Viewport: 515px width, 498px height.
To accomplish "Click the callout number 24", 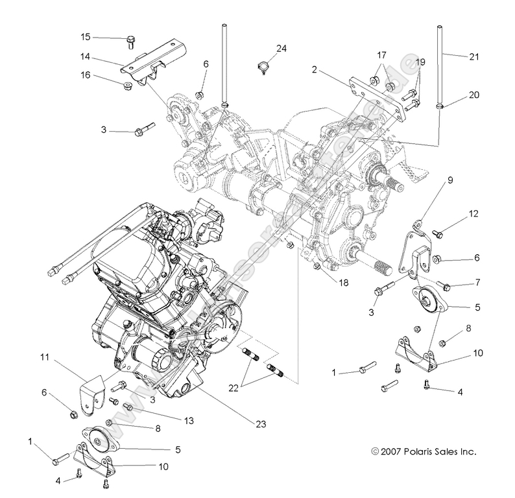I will (x=281, y=49).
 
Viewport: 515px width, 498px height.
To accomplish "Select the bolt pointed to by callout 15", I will (x=129, y=41).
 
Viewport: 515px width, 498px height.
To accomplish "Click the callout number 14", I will (x=85, y=57).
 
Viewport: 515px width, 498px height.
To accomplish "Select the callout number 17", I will (x=381, y=56).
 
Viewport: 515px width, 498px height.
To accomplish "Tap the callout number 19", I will (x=420, y=62).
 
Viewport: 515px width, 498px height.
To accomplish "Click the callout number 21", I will (x=473, y=57).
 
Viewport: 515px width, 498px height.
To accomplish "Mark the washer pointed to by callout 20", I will (x=440, y=106).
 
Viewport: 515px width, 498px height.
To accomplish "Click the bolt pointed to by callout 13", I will (x=128, y=407).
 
